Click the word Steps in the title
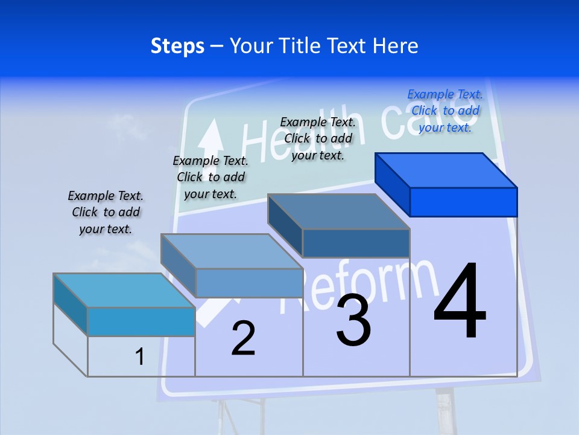click(177, 46)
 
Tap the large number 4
click(460, 302)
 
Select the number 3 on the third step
click(353, 321)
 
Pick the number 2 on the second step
click(244, 338)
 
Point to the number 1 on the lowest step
click(140, 357)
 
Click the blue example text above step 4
click(445, 111)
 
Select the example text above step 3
click(318, 138)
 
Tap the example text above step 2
click(210, 177)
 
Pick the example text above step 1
click(106, 212)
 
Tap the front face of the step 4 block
click(463, 202)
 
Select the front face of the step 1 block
click(141, 321)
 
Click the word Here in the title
click(396, 46)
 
